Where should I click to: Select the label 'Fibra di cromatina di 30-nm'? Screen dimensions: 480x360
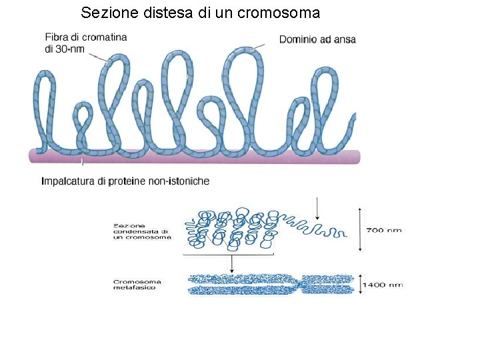pyautogui.click(x=85, y=43)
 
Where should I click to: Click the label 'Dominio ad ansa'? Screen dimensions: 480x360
pyautogui.click(x=317, y=39)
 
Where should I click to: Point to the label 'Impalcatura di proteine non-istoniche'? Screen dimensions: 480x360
pyautogui.click(x=125, y=181)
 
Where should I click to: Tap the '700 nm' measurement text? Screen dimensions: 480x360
pyautogui.click(x=385, y=230)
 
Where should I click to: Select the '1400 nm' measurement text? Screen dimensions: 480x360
pyautogui.click(x=382, y=285)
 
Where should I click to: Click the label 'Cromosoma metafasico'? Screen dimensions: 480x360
pyautogui.click(x=137, y=285)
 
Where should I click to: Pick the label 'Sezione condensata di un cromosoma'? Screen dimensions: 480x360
pyautogui.click(x=142, y=231)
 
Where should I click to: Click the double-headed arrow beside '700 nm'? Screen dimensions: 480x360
pyautogui.click(x=361, y=229)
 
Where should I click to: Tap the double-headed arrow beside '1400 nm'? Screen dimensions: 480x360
pyautogui.click(x=359, y=284)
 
